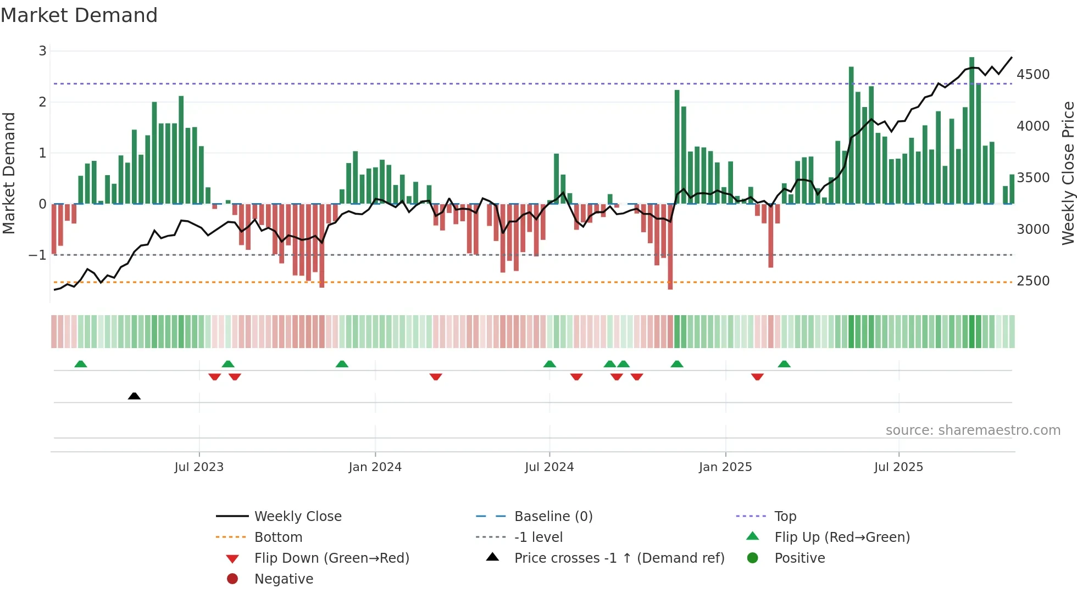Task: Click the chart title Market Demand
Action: tap(79, 15)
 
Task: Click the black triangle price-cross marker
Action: tap(134, 396)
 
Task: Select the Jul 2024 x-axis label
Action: tap(549, 467)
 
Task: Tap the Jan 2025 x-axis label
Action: tap(725, 467)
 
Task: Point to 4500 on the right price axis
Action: tap(1032, 75)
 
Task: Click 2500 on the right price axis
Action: tap(1032, 281)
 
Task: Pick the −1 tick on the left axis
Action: tap(37, 255)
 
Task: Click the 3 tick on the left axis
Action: tap(42, 51)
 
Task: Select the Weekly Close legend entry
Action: tap(297, 517)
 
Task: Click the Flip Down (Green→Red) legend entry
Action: tap(331, 558)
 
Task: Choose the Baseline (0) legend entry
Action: tap(553, 517)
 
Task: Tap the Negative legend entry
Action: tap(284, 579)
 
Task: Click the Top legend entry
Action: tap(785, 517)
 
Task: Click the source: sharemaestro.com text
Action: tap(973, 430)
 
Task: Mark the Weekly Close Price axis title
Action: tap(1068, 173)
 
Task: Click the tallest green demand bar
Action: tap(971, 132)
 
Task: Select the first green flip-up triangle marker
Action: tap(81, 364)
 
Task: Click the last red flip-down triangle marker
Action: tap(757, 377)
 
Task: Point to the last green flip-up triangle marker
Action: tap(784, 364)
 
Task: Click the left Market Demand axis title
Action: tap(9, 173)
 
